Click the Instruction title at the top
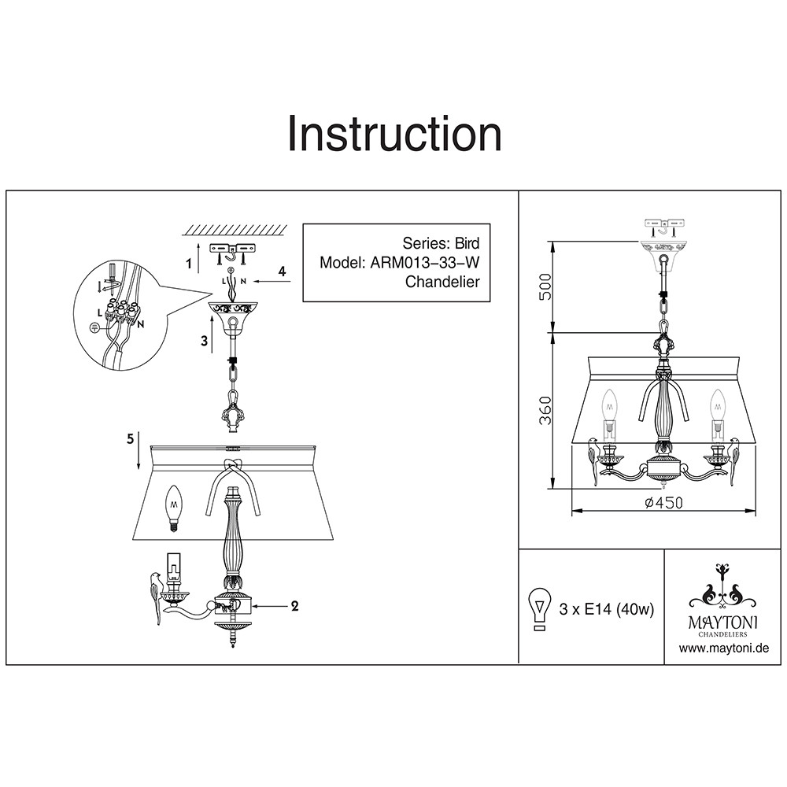393,134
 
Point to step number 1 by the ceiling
189,264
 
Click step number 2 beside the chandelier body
294,606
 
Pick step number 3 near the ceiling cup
204,340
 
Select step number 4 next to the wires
282,272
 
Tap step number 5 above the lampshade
129,439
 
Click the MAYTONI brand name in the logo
723,622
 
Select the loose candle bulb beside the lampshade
173,508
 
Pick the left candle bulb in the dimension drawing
609,405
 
